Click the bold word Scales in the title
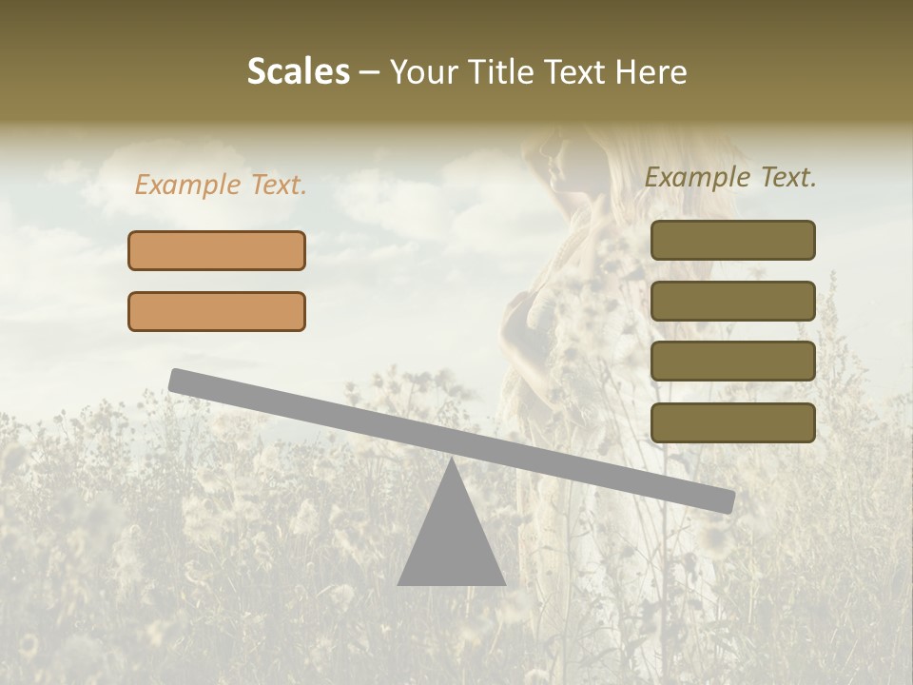pyautogui.click(x=298, y=71)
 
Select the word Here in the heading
pyautogui.click(x=652, y=72)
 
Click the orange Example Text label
pyautogui.click(x=221, y=186)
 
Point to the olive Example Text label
pyautogui.click(x=730, y=177)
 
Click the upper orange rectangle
pyautogui.click(x=217, y=250)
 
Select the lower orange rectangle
pyautogui.click(x=217, y=311)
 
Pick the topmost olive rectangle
pyautogui.click(x=732, y=240)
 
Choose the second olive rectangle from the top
pyautogui.click(x=732, y=301)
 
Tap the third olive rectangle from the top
pyautogui.click(x=732, y=362)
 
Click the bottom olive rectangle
pyautogui.click(x=732, y=422)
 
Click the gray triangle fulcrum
pyautogui.click(x=451, y=542)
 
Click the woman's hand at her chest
pyautogui.click(x=518, y=309)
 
